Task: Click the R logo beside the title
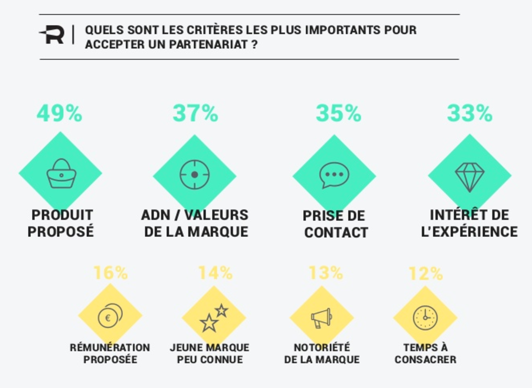(52, 35)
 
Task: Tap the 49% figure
(59, 113)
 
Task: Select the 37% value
(195, 113)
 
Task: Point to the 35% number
(338, 113)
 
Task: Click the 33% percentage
(470, 113)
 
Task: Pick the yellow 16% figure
(110, 273)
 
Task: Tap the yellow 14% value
(215, 273)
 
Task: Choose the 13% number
(325, 273)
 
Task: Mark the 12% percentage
(425, 274)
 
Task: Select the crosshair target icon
(195, 175)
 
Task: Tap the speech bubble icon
(334, 175)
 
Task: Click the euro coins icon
(110, 316)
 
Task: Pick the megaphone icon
(321, 318)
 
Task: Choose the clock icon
(425, 318)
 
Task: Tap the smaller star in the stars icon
(221, 310)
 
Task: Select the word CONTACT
(336, 232)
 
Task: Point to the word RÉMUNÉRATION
(110, 347)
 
